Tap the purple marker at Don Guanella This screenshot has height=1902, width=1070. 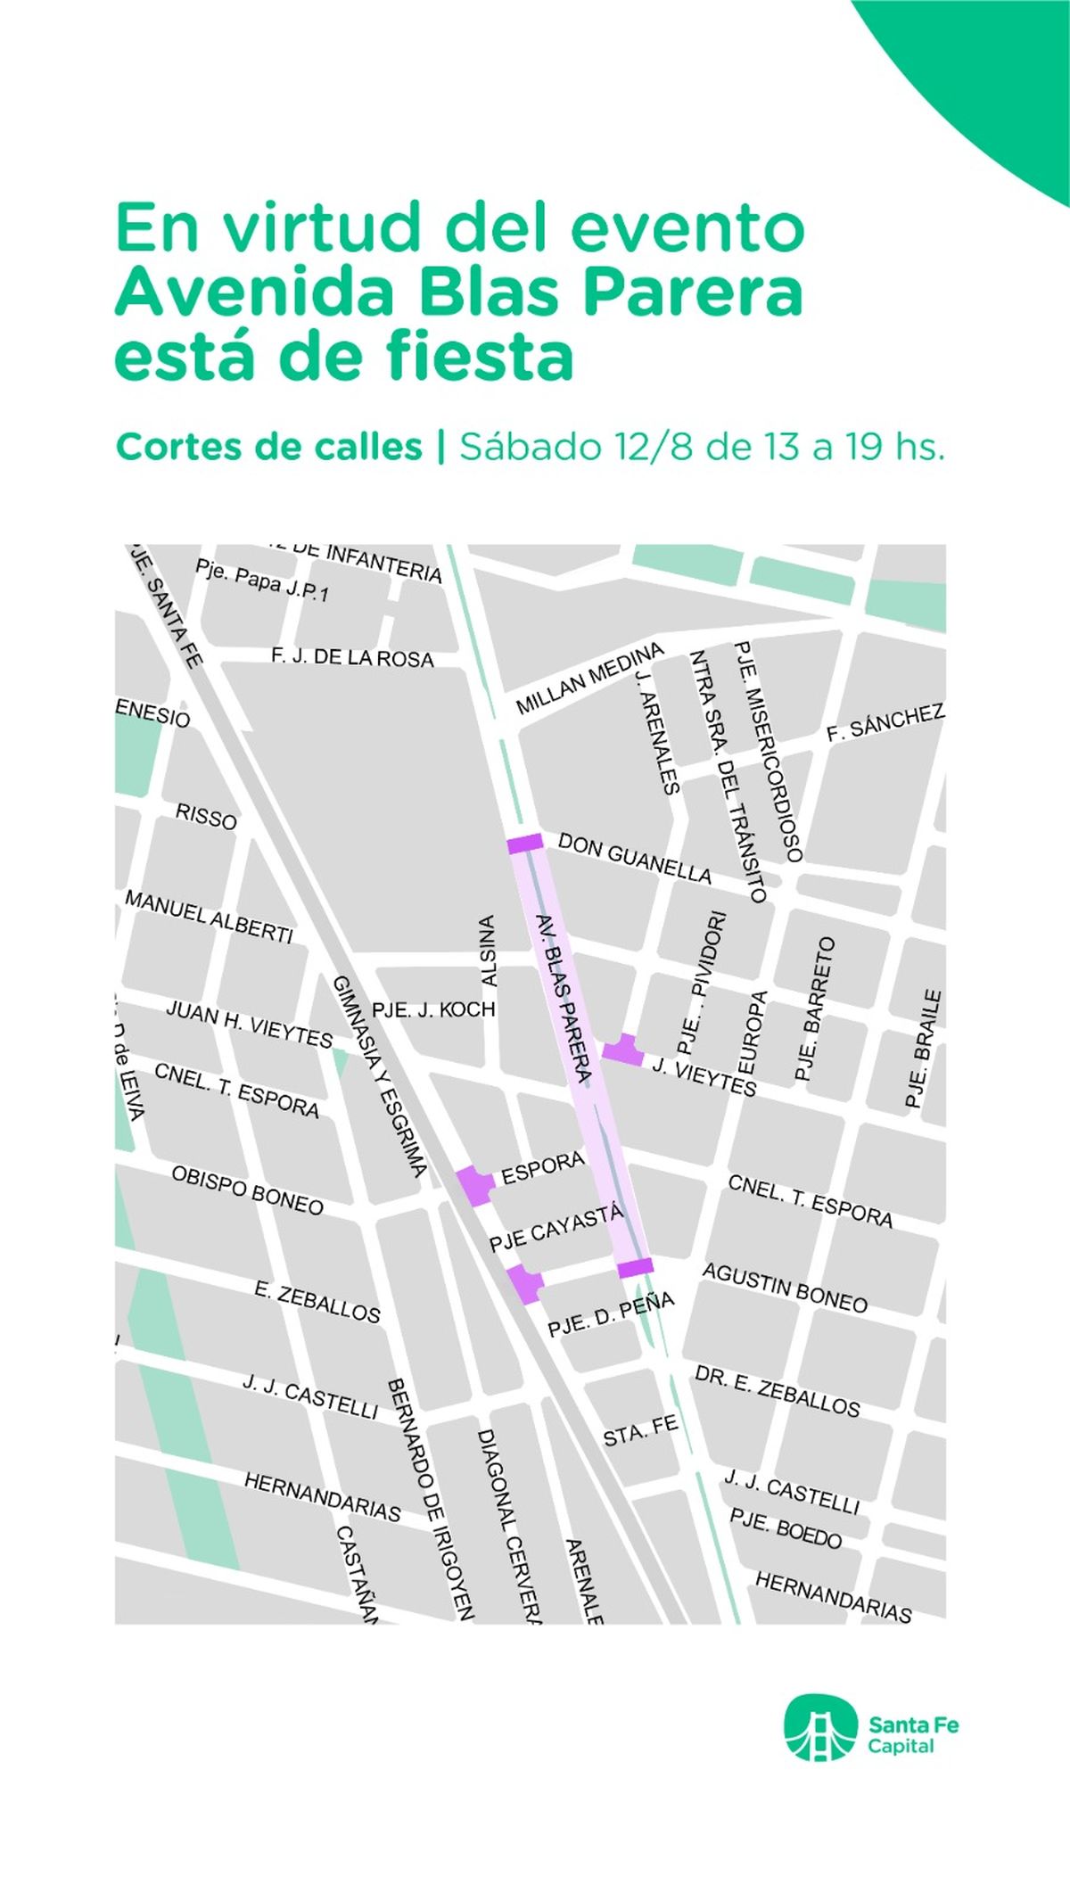[525, 843]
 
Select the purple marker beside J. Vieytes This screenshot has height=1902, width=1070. [623, 1050]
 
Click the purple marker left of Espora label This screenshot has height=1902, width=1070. [475, 1185]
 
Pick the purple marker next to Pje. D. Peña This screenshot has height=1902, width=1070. [526, 1283]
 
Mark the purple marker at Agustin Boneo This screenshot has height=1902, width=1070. [636, 1267]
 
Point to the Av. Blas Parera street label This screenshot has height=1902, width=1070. [564, 999]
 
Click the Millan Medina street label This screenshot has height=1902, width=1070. [590, 678]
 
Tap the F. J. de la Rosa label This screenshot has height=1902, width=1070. [352, 658]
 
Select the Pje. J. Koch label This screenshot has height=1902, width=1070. [433, 1009]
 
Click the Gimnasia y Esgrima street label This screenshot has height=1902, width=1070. [380, 1075]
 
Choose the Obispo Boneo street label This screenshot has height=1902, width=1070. [247, 1190]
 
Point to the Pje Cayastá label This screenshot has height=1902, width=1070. [556, 1229]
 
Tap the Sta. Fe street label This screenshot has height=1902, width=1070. [640, 1429]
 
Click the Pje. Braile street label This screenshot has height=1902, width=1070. [924, 1049]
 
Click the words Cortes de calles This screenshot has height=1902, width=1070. [268, 447]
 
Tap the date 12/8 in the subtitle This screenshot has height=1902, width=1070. [653, 447]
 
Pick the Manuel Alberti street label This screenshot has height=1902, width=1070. [209, 917]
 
